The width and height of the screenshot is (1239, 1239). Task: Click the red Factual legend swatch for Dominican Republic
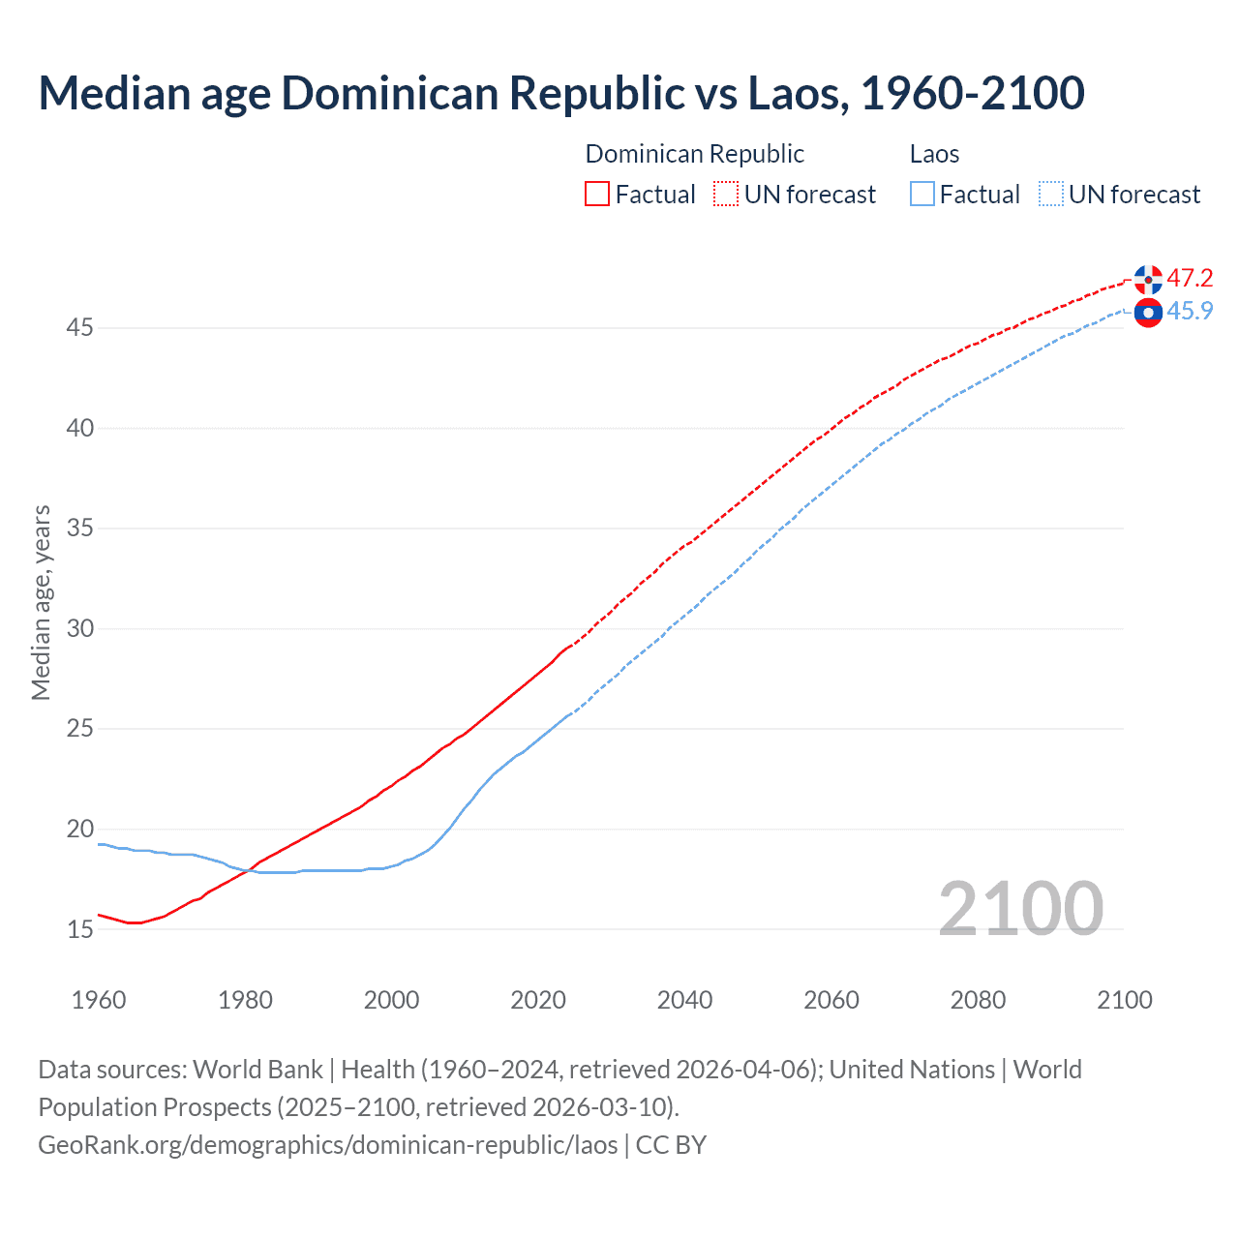pyautogui.click(x=597, y=195)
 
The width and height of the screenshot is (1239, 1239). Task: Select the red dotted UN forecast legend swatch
pyautogui.click(x=726, y=195)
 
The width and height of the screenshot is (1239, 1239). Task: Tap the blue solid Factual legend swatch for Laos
pyautogui.click(x=922, y=195)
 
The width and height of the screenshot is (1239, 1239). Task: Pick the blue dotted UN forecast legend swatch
pyautogui.click(x=1051, y=195)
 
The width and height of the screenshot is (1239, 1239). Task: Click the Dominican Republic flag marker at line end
pyautogui.click(x=1148, y=279)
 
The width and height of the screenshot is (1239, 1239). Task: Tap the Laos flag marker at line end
pyautogui.click(x=1148, y=313)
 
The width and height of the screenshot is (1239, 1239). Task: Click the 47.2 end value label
pyautogui.click(x=1190, y=279)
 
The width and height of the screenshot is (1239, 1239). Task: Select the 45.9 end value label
pyautogui.click(x=1190, y=312)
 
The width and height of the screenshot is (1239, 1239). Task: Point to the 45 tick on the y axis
pyautogui.click(x=79, y=328)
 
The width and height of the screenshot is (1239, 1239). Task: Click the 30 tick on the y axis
pyautogui.click(x=79, y=629)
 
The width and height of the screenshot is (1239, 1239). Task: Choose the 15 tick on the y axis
pyautogui.click(x=79, y=929)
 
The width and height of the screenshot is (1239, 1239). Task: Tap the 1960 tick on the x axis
pyautogui.click(x=99, y=1000)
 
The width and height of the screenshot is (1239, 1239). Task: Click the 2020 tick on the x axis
pyautogui.click(x=538, y=1000)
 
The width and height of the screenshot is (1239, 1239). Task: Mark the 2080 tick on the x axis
pyautogui.click(x=978, y=1000)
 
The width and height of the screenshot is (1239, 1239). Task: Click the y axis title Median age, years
pyautogui.click(x=41, y=602)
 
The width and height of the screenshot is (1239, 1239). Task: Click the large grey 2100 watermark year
pyautogui.click(x=1020, y=909)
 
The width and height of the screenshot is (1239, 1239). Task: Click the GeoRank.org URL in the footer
pyautogui.click(x=328, y=1145)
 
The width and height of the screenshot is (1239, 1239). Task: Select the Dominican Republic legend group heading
pyautogui.click(x=694, y=154)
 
